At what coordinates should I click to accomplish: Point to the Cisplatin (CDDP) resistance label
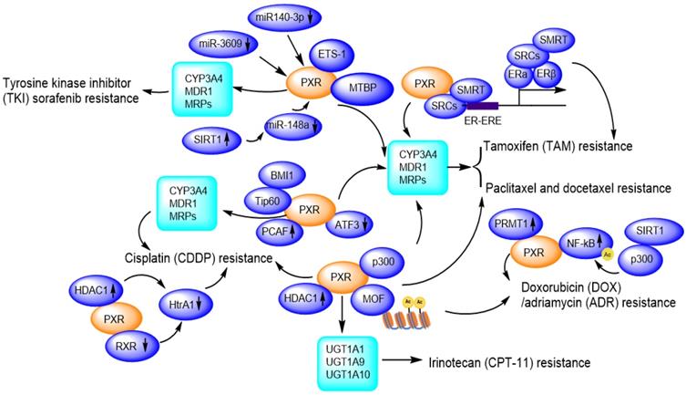point(199,258)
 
